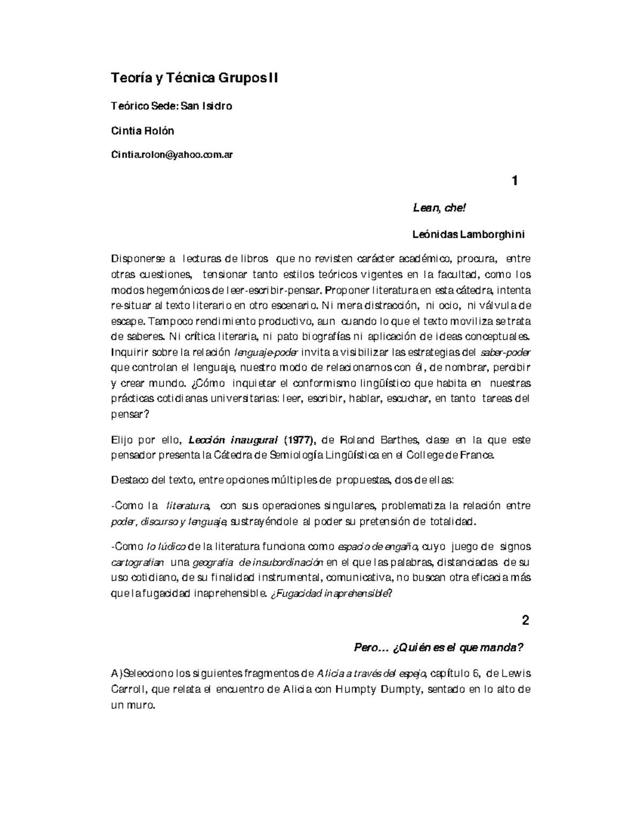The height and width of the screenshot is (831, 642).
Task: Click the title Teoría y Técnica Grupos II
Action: (195, 79)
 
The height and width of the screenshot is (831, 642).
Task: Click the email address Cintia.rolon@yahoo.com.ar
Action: (172, 155)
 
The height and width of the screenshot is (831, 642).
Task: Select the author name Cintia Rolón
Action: (142, 131)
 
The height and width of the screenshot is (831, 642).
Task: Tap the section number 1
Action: (515, 181)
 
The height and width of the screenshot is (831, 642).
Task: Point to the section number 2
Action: (525, 621)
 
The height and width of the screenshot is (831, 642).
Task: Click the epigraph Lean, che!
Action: (440, 208)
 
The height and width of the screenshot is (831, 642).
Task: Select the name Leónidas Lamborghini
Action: (469, 234)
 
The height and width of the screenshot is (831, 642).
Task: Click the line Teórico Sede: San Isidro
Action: (171, 106)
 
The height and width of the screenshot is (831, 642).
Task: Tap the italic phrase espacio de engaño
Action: (379, 547)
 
